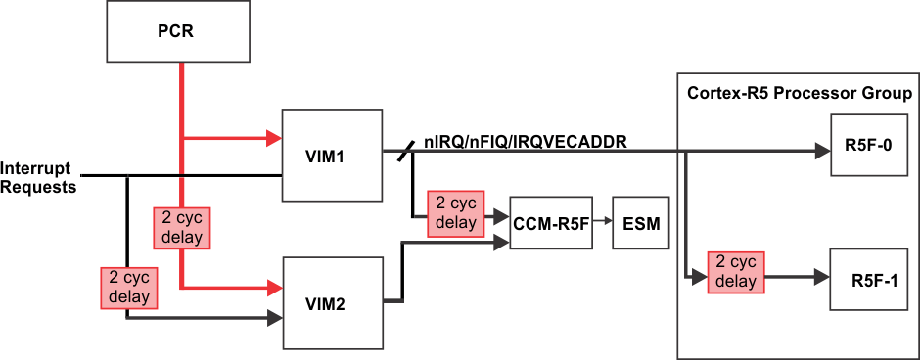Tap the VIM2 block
[x=330, y=303]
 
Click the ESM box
[x=641, y=224]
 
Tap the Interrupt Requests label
[x=39, y=177]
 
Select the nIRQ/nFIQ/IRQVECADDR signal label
[x=525, y=143]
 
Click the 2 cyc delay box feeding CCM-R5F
[x=456, y=214]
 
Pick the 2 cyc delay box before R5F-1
[x=735, y=272]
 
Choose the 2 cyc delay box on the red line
[x=181, y=227]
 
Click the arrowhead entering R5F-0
[x=821, y=153]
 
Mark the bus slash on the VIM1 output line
[x=405, y=152]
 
